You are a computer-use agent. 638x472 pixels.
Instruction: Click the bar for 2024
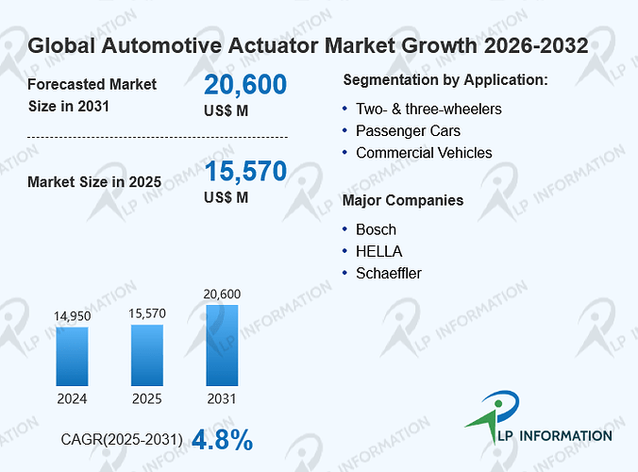[x=72, y=357]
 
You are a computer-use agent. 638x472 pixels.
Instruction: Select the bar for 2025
[x=147, y=355]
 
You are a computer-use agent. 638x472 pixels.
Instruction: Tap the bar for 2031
[x=222, y=346]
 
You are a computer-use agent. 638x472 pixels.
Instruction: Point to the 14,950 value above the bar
[x=73, y=316]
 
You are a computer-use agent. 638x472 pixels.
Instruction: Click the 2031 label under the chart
[x=222, y=398]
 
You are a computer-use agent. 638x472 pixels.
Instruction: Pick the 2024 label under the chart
[x=72, y=398]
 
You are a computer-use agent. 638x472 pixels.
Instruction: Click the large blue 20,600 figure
[x=245, y=85]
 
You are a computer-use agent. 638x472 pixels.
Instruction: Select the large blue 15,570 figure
[x=245, y=171]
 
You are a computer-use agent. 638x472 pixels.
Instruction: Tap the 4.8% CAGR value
[x=222, y=440]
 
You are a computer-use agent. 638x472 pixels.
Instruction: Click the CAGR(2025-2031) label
[x=122, y=440]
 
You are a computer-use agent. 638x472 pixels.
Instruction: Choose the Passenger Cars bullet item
[x=408, y=131]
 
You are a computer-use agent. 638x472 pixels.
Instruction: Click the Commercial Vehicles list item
[x=424, y=153]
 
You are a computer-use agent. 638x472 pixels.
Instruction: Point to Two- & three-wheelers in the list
[x=428, y=110]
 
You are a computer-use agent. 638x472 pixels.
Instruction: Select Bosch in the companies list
[x=376, y=229]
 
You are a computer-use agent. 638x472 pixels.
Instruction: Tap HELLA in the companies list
[x=378, y=251]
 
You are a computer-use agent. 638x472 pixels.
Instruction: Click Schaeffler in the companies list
[x=389, y=274]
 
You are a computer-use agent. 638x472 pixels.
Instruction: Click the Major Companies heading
[x=403, y=200]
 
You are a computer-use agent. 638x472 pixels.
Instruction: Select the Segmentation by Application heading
[x=445, y=80]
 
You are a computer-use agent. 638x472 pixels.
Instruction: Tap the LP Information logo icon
[x=493, y=415]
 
